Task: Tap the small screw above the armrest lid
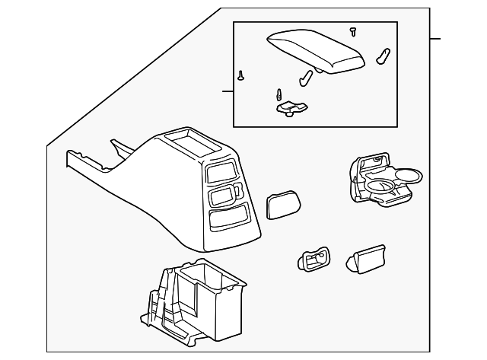point(352,31)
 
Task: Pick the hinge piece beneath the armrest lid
point(307,76)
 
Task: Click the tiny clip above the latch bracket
point(279,94)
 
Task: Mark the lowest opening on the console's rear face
point(228,221)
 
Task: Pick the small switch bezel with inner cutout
point(314,259)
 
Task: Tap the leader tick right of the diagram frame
point(435,38)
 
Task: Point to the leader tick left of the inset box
point(227,91)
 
